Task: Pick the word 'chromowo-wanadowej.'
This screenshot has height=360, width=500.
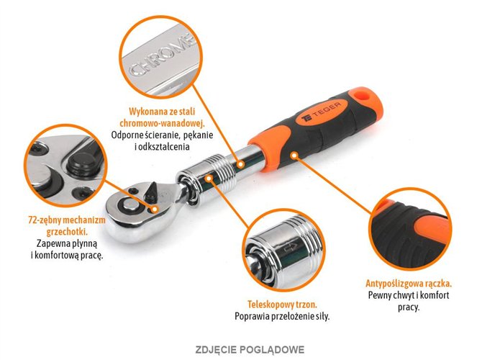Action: click(160, 123)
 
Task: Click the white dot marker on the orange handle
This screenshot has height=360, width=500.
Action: click(293, 153)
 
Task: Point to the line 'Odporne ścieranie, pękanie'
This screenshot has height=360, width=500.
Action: click(160, 135)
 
